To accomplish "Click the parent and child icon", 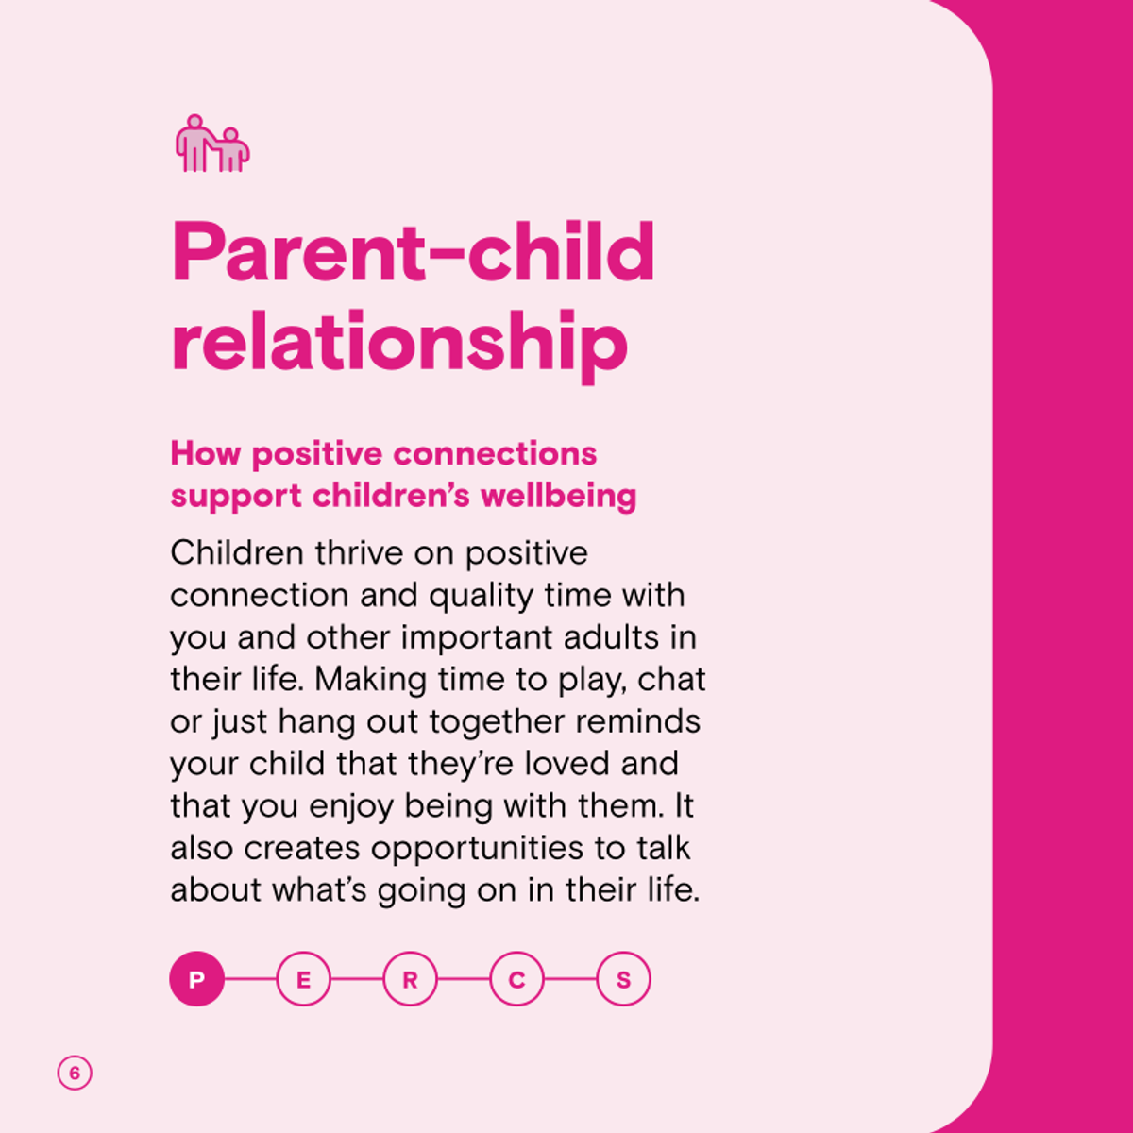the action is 212,144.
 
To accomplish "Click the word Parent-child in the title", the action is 413,251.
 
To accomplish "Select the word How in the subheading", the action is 206,454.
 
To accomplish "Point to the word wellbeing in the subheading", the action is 559,497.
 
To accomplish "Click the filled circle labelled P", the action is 197,979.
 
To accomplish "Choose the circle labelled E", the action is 303,979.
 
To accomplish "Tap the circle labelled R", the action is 411,979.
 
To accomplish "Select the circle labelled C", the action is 516,979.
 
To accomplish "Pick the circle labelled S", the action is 624,979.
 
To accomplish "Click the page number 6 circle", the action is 75,1073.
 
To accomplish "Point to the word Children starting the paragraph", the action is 237,552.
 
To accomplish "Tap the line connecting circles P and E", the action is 250,979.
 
